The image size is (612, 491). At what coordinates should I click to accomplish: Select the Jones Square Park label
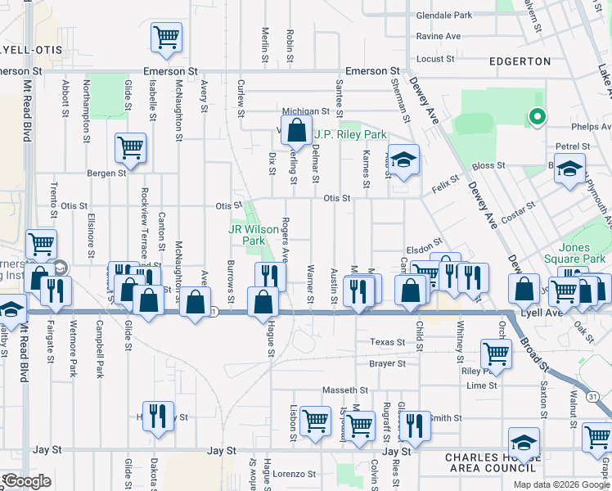point(582,253)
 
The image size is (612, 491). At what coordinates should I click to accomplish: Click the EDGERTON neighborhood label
point(520,61)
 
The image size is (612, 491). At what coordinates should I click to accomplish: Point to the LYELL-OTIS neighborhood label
point(31,50)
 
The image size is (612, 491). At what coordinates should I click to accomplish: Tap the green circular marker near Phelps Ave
point(537,117)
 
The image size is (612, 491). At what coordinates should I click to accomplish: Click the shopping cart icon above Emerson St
point(166,36)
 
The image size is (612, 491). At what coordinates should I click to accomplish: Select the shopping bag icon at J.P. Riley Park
point(296,129)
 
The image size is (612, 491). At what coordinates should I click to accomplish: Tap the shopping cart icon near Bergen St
point(130,147)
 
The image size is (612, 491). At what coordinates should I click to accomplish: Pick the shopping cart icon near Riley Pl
point(496,353)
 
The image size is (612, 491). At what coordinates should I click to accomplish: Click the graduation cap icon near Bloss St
point(569,168)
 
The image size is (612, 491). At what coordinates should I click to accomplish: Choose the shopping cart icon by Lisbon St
point(315,421)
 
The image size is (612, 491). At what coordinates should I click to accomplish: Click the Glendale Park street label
point(444,16)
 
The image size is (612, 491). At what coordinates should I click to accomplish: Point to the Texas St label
point(387,342)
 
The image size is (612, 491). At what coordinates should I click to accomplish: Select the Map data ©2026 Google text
point(560,484)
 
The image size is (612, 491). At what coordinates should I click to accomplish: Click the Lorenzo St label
point(295,474)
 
